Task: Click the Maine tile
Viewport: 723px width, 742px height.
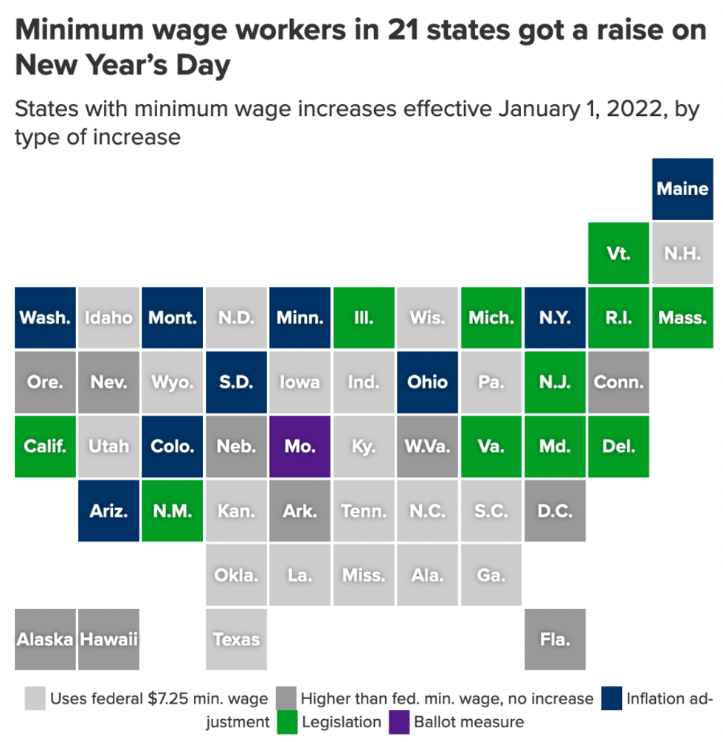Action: click(x=682, y=189)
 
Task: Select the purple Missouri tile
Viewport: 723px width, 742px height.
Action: click(x=300, y=446)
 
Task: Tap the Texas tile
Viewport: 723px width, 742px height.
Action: click(x=237, y=639)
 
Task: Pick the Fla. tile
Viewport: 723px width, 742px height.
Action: click(x=555, y=639)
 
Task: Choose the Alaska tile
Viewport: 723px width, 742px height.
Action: click(x=46, y=639)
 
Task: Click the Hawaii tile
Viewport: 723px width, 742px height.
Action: click(x=109, y=639)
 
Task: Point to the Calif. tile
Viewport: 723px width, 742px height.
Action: click(x=46, y=446)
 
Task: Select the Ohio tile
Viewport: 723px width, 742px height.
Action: click(x=428, y=382)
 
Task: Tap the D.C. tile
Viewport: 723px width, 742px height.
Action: click(x=555, y=510)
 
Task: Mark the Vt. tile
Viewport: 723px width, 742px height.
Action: click(x=618, y=253)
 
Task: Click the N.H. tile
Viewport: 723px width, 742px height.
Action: click(x=682, y=253)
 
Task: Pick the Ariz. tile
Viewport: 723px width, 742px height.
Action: click(x=109, y=510)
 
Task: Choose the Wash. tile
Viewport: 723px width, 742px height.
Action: click(x=46, y=317)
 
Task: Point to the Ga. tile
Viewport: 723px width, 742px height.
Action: click(x=491, y=574)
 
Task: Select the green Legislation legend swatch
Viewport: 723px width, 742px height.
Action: click(x=288, y=721)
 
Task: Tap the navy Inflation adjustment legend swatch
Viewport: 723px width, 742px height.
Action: click(x=612, y=698)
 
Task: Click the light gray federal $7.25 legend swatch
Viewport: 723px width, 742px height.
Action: click(x=35, y=698)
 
